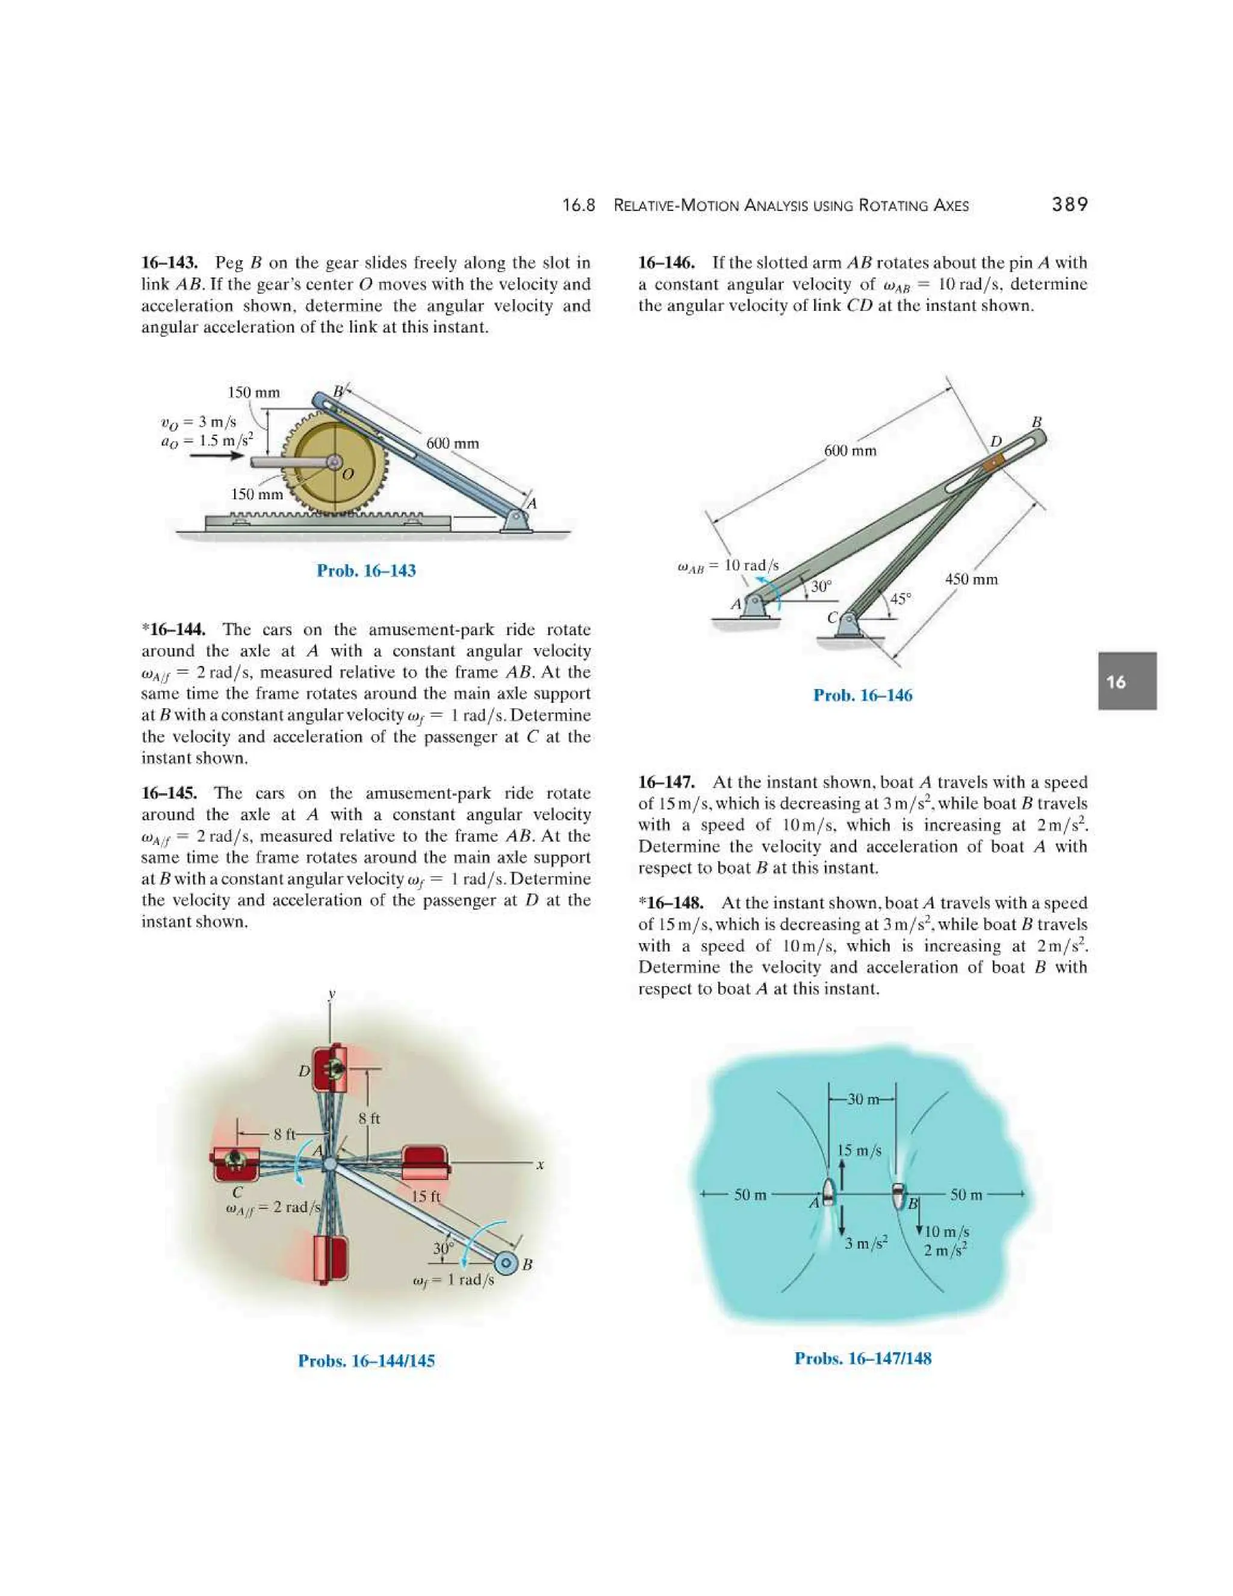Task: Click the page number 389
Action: click(1069, 205)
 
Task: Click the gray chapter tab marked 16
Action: click(1126, 681)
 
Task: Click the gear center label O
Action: click(348, 474)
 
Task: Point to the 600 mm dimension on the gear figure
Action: click(452, 443)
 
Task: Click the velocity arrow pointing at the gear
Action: click(216, 455)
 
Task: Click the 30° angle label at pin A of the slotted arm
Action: click(821, 586)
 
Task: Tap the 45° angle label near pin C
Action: click(901, 599)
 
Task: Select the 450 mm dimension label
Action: click(971, 579)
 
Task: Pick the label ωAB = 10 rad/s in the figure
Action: click(728, 566)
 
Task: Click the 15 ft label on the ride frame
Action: click(426, 1197)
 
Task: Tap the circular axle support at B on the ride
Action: click(506, 1264)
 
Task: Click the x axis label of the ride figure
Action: click(540, 1165)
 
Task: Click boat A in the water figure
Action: click(828, 1193)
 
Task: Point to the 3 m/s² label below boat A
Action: click(866, 1243)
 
